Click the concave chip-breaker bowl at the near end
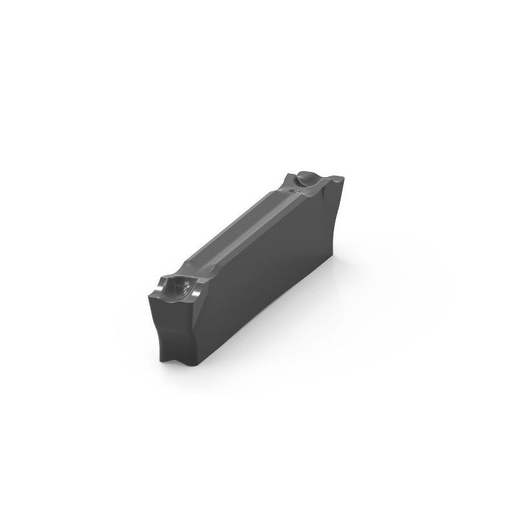(175, 287)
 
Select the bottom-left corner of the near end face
(162, 359)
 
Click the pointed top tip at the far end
(338, 175)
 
